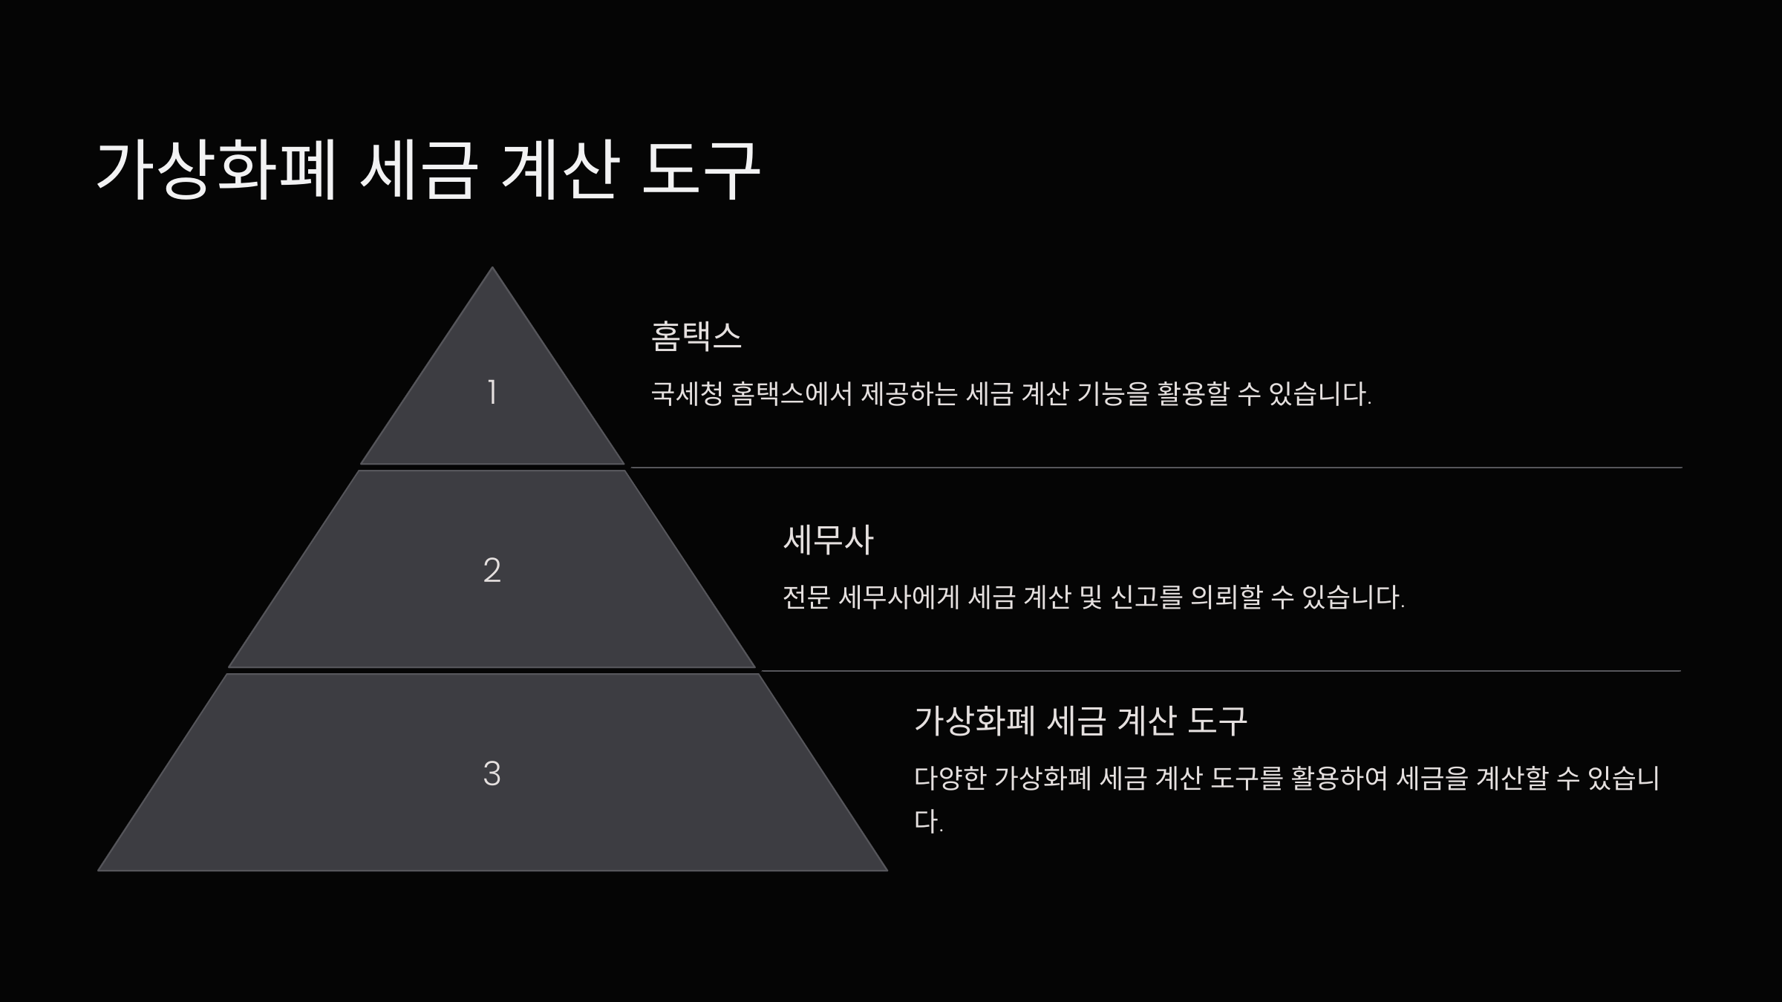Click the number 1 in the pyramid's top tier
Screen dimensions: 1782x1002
[492, 392]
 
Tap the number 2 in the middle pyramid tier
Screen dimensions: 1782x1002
[492, 570]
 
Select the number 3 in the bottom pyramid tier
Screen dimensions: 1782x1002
[492, 773]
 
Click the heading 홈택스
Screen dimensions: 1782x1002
[696, 336]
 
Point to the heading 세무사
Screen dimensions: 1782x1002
[828, 540]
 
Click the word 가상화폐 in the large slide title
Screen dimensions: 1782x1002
[216, 170]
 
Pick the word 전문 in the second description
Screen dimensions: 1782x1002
[806, 597]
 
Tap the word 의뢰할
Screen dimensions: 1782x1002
[1226, 597]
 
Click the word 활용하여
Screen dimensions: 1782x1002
[1339, 778]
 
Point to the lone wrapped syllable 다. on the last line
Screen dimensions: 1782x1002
[928, 821]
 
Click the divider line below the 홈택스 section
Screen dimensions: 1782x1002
[1155, 468]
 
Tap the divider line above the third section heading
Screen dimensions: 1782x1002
[1221, 671]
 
